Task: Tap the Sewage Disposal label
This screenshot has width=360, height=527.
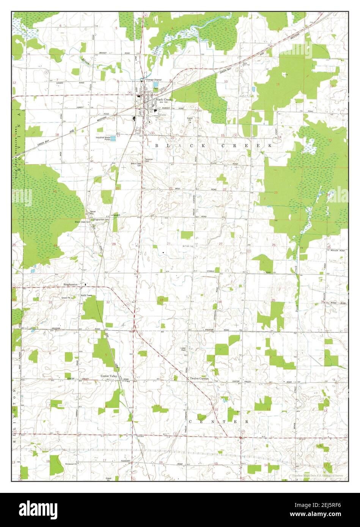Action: coord(154,80)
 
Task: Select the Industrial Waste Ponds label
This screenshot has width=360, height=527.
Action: coord(103,138)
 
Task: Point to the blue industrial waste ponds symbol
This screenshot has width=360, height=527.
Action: coord(113,138)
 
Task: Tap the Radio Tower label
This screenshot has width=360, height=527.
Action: coord(86,295)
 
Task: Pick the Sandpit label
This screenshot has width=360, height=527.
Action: coord(116,215)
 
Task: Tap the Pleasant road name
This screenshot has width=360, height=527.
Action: coord(126,461)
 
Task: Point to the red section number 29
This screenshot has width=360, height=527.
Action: coord(114,244)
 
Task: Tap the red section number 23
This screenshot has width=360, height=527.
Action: coord(276,193)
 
